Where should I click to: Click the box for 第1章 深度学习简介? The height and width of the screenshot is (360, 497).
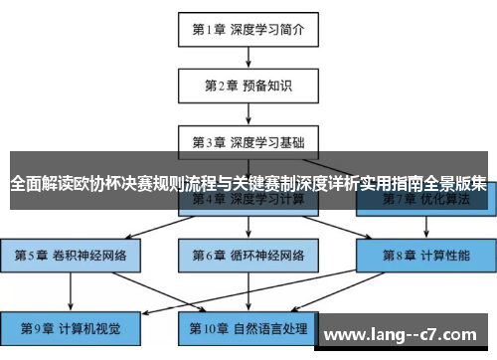(248, 29)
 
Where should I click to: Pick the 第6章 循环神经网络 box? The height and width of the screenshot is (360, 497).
(248, 254)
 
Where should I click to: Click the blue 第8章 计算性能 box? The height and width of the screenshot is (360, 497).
(424, 254)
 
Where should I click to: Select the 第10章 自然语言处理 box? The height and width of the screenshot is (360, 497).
(248, 327)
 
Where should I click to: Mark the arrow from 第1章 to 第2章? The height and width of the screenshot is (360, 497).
(248, 57)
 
